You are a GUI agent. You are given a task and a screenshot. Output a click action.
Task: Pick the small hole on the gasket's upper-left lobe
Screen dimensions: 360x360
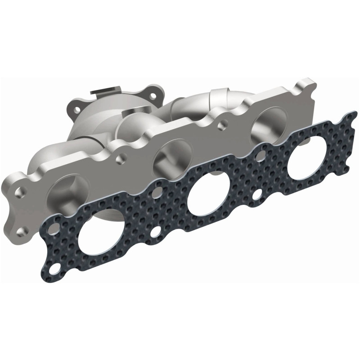[x=54, y=229]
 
